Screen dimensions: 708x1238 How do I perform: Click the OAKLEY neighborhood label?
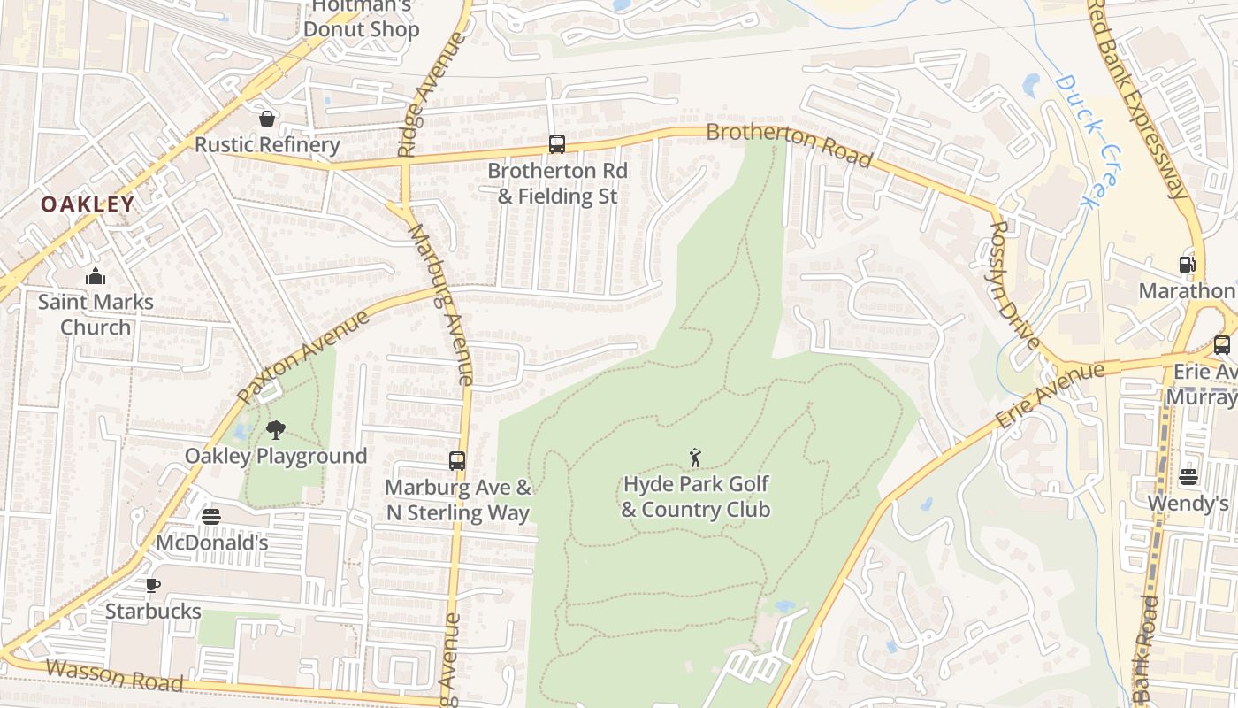point(88,204)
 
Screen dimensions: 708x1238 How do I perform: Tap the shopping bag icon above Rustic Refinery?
point(267,119)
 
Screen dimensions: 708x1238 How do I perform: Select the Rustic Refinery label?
point(267,144)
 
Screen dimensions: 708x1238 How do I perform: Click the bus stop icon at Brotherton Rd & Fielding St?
point(557,144)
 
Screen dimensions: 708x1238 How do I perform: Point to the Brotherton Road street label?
point(789,145)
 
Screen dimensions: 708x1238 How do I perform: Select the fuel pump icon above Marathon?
point(1187,265)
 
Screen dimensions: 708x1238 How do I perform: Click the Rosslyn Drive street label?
point(1013,283)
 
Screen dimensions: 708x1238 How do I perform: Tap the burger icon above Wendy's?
point(1188,478)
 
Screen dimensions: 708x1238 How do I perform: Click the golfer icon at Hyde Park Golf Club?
point(696,458)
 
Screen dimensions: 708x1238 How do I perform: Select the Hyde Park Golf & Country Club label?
point(696,496)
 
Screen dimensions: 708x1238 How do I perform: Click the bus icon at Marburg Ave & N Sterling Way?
point(457,461)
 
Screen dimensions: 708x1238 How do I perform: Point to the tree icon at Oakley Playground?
point(276,431)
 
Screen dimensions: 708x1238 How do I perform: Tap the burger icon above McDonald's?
point(211,517)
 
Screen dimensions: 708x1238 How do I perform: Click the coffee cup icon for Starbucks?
point(152,585)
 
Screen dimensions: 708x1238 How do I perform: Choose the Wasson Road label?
point(114,675)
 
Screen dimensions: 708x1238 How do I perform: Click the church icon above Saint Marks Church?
point(96,277)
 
